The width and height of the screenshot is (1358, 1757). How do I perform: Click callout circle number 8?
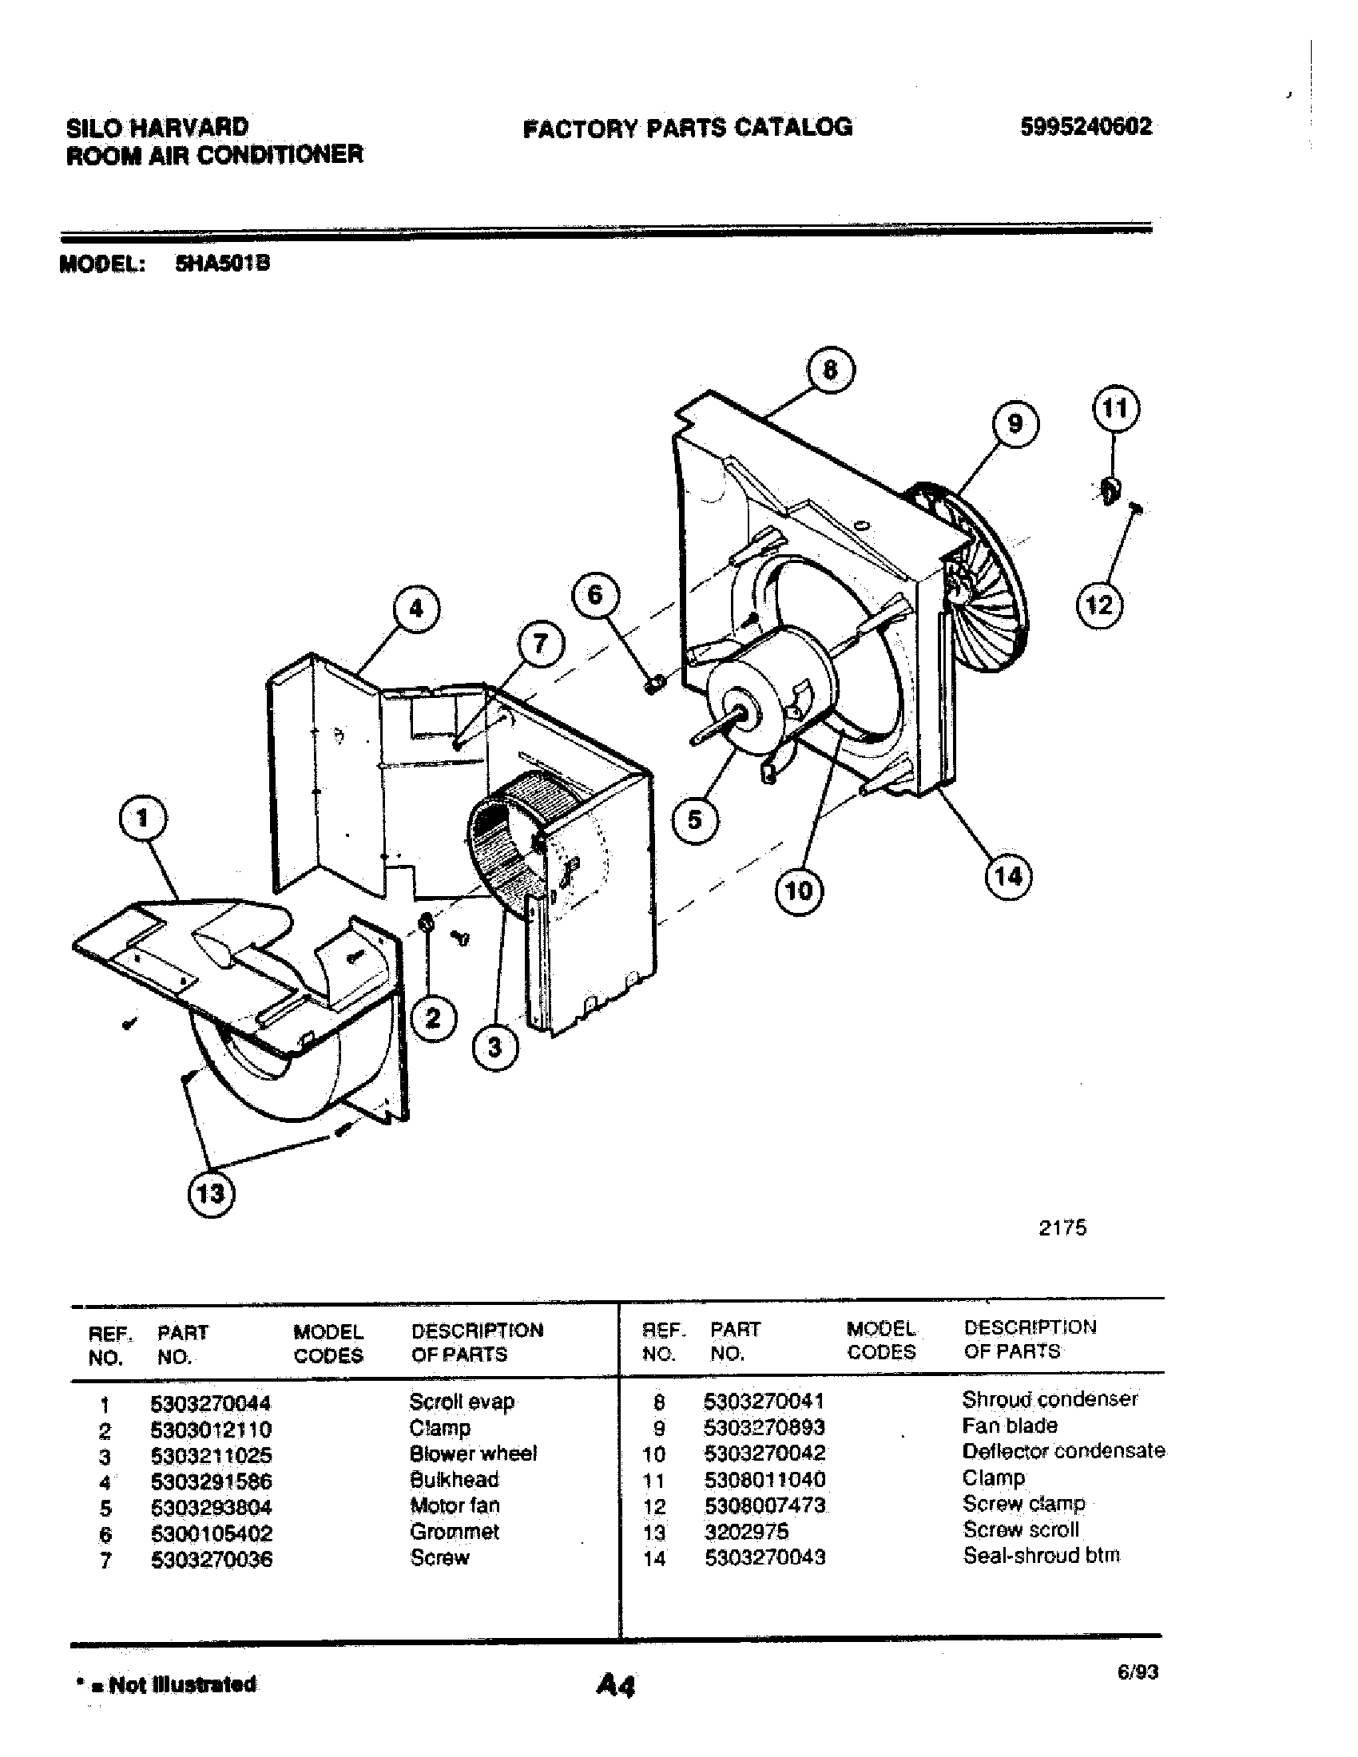830,370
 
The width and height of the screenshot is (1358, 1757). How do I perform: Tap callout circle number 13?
211,1192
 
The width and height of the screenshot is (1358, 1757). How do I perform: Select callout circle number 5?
694,819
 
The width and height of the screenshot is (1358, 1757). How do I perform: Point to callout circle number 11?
1115,409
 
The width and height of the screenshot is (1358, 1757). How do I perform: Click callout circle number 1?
143,819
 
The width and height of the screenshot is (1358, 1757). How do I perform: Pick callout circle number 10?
798,890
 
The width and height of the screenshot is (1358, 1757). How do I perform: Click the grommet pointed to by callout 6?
654,684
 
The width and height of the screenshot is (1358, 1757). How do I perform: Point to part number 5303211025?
212,1455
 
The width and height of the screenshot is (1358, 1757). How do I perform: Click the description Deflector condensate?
1062,1450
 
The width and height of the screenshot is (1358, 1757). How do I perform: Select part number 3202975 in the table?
746,1531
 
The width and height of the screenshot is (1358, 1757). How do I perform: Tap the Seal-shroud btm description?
1041,1555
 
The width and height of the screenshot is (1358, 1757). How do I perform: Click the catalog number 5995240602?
1086,127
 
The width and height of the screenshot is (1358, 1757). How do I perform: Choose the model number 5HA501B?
222,264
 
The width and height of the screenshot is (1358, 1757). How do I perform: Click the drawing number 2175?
1062,1228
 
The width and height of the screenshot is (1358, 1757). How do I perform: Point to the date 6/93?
1138,1672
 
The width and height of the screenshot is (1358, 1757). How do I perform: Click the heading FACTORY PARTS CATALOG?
687,128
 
